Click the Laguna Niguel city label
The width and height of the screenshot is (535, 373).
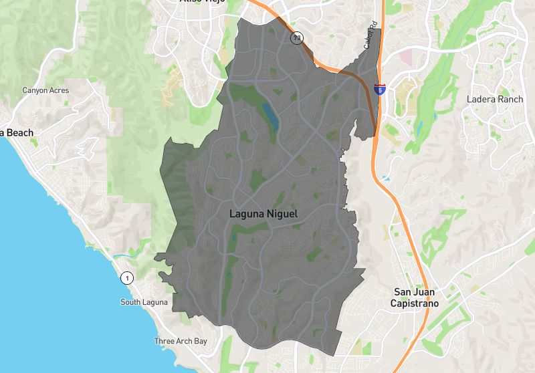click(x=263, y=215)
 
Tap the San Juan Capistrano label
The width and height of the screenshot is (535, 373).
click(x=419, y=297)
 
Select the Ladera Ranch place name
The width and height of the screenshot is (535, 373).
click(x=494, y=100)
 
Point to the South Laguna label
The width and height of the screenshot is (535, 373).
click(x=144, y=302)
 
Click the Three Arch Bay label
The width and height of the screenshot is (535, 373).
click(x=181, y=341)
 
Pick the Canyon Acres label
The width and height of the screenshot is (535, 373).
click(x=46, y=90)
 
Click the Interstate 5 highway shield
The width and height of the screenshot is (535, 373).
click(x=379, y=89)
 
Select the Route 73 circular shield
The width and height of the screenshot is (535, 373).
click(x=296, y=38)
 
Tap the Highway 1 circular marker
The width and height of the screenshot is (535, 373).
click(x=126, y=277)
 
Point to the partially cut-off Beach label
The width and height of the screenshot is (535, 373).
click(x=17, y=133)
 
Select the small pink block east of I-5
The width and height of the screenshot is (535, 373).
click(x=407, y=57)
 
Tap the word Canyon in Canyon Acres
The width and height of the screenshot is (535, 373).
click(x=35, y=90)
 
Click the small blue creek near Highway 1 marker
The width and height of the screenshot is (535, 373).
click(x=124, y=255)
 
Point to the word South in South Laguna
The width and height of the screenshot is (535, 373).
click(x=131, y=302)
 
